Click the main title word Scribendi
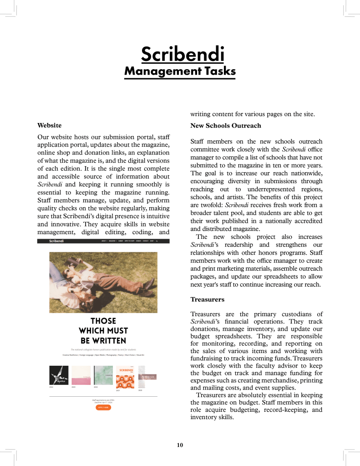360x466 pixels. click(x=183, y=54)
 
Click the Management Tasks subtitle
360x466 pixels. click(x=180, y=71)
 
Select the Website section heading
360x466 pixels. click(x=50, y=125)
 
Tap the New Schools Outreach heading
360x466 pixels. click(x=226, y=125)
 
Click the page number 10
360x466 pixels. click(x=180, y=445)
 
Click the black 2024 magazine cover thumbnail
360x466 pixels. click(x=59, y=375)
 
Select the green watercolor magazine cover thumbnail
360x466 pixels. click(x=103, y=375)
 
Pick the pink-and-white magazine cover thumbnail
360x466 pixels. click(x=81, y=375)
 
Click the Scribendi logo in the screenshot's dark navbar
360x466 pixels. click(x=56, y=241)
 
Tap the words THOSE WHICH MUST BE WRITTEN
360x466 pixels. click(x=103, y=331)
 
